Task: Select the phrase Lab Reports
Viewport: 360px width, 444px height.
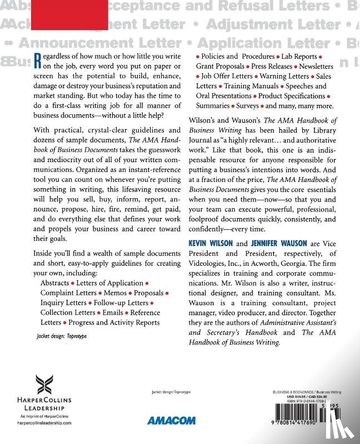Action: pyautogui.click(x=299, y=57)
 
